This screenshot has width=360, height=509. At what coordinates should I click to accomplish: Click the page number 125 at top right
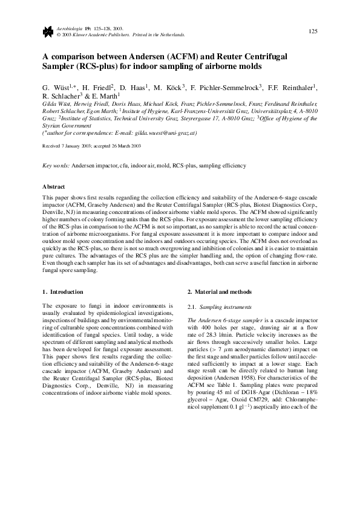313,31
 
